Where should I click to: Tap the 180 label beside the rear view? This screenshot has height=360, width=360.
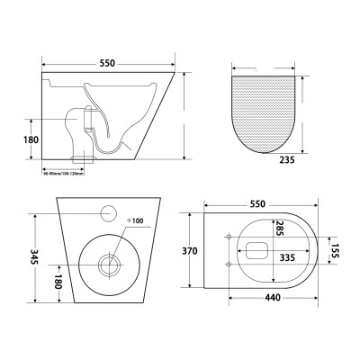pyautogui.click(x=57, y=282)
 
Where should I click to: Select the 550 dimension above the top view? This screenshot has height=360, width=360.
pyautogui.click(x=258, y=204)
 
